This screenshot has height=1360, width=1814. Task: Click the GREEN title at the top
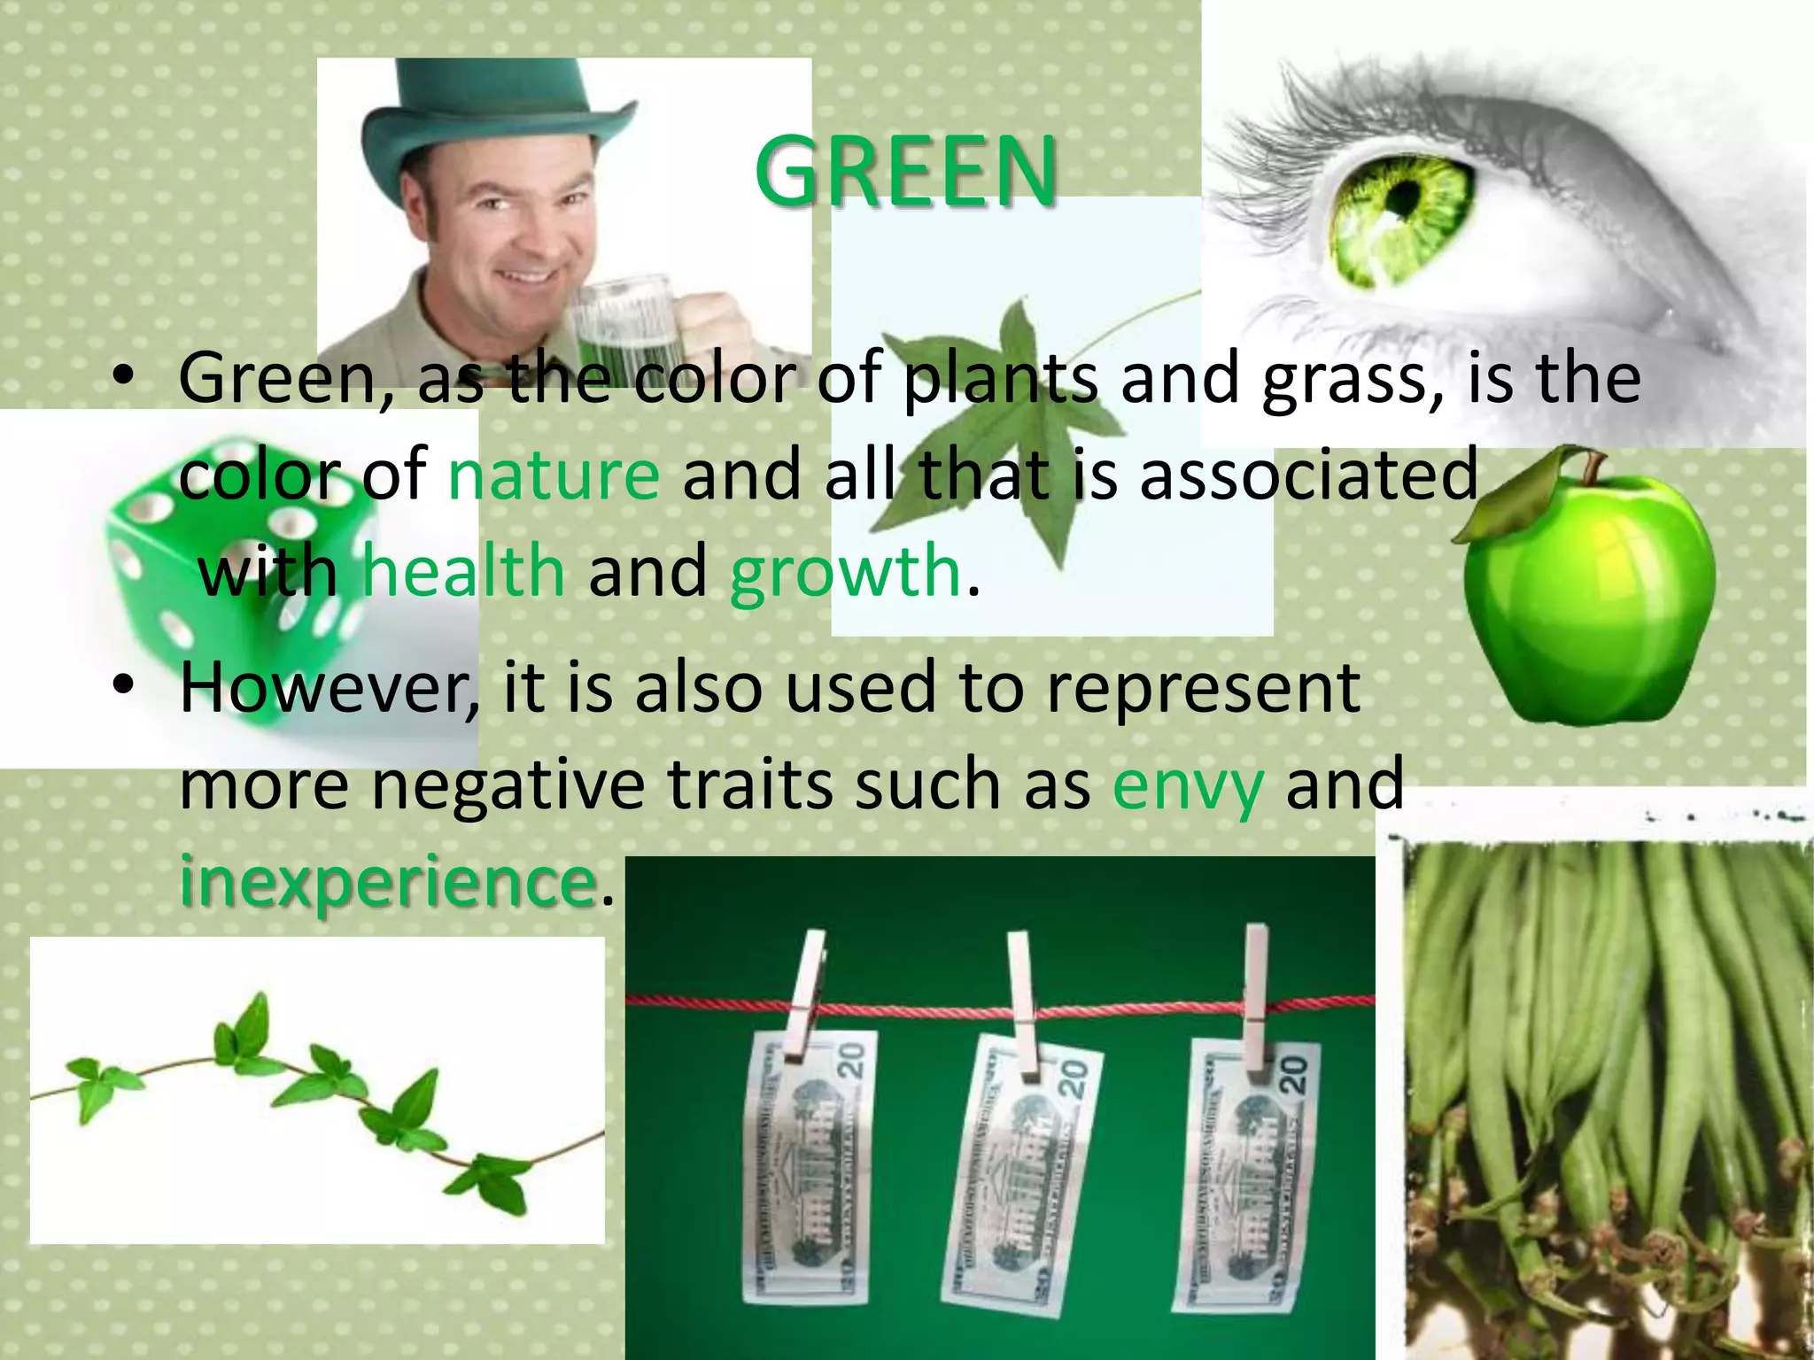pos(905,171)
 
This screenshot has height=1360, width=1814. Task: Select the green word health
pos(464,571)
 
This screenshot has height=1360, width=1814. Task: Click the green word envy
pos(1187,784)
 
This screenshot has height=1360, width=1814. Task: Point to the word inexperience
pos(387,882)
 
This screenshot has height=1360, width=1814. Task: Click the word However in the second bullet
pos(329,689)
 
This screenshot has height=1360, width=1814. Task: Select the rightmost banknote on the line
pos(1249,1169)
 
